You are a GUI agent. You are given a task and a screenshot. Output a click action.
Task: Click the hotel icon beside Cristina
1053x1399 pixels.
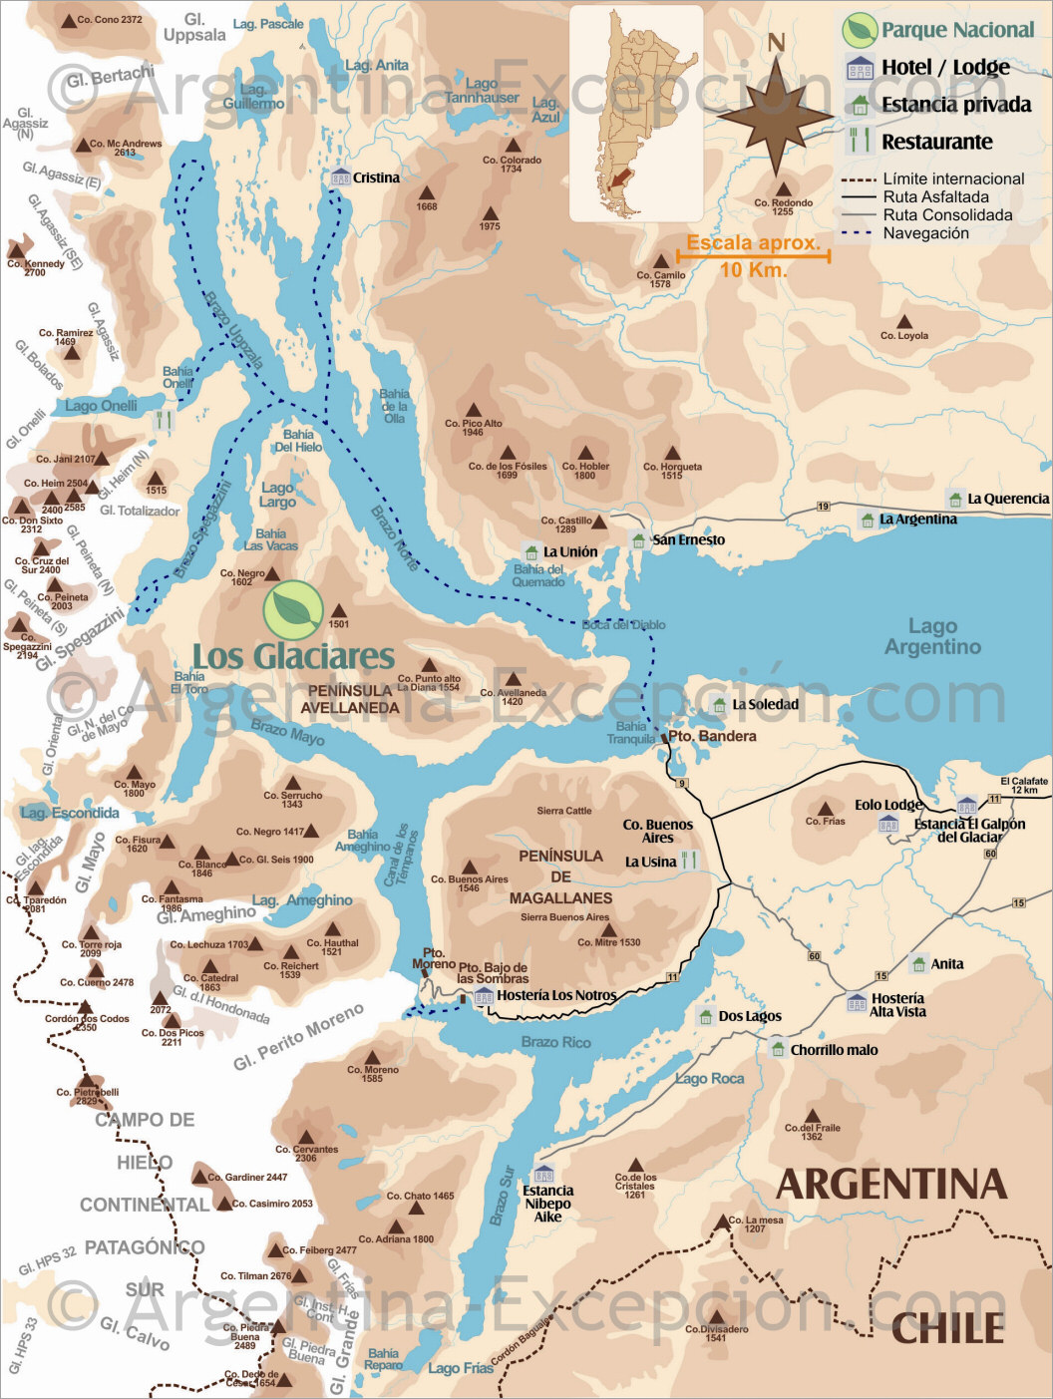click(340, 177)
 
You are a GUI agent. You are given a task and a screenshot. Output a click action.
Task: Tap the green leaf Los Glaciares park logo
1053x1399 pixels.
click(293, 609)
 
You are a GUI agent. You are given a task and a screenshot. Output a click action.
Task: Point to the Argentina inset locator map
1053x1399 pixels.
click(635, 113)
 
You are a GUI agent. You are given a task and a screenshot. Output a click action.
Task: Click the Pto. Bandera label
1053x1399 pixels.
click(712, 736)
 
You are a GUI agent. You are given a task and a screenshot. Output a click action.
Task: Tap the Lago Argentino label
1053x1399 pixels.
click(932, 636)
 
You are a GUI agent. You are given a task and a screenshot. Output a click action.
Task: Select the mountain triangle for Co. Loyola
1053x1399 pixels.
click(903, 322)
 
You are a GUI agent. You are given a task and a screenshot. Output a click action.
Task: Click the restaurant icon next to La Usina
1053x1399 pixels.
click(689, 862)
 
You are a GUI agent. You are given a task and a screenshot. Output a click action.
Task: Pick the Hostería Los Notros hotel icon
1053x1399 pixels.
click(484, 995)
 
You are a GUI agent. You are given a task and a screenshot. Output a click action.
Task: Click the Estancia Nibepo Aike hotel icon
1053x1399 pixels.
click(543, 1174)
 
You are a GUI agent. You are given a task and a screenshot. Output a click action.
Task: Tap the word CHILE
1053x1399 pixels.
click(946, 1328)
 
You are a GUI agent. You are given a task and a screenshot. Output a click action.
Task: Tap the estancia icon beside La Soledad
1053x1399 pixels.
click(720, 704)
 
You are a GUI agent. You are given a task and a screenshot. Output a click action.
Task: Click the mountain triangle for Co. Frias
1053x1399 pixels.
click(825, 809)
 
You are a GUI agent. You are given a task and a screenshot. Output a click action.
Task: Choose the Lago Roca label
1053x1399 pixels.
click(709, 1078)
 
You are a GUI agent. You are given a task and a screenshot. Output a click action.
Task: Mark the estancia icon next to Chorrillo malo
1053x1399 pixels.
click(778, 1048)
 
